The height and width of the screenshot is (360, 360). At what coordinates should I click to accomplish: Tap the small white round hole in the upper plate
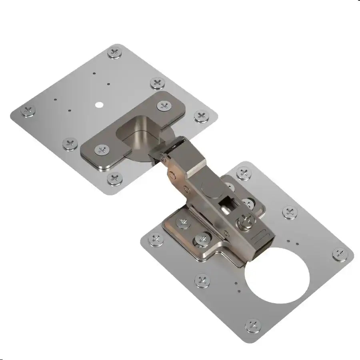99,105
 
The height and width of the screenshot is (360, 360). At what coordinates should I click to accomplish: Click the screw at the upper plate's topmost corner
116,52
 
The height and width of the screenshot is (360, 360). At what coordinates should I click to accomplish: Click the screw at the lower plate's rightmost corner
340,253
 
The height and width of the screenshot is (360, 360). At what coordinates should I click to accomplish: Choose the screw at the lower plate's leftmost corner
155,240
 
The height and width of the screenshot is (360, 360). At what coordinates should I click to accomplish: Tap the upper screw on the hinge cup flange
164,106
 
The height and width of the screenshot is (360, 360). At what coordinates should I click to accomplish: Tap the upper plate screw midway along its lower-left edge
70,143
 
